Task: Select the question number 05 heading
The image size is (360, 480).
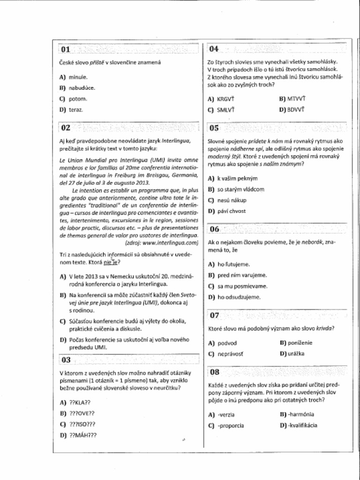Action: click(214, 127)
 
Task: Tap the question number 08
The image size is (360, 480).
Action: click(215, 372)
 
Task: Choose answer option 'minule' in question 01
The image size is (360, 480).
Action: click(78, 77)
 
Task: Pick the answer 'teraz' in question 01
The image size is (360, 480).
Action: click(76, 110)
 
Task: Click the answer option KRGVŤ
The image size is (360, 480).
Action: click(225, 99)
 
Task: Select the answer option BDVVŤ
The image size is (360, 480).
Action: click(296, 110)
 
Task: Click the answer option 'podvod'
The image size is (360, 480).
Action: click(227, 343)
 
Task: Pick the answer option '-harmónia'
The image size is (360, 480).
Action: click(301, 414)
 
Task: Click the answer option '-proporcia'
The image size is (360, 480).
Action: click(230, 426)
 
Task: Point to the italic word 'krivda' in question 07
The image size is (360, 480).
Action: click(324, 329)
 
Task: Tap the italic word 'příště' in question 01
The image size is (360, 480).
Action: click(97, 62)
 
